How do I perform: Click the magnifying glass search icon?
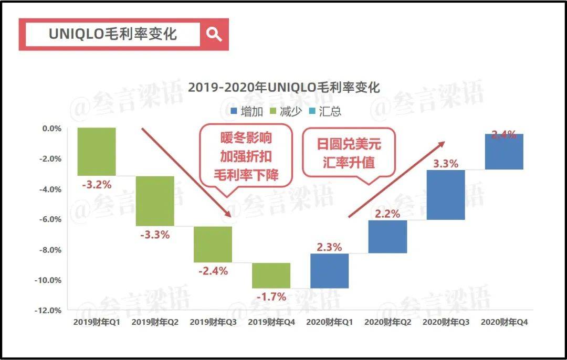pyautogui.click(x=214, y=35)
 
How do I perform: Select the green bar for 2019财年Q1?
pyautogui.click(x=97, y=152)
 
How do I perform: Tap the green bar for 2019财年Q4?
pyautogui.click(x=271, y=276)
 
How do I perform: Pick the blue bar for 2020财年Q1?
pyautogui.click(x=329, y=271)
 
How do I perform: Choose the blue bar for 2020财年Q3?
pyautogui.click(x=446, y=195)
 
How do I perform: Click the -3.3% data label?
pyautogui.click(x=155, y=235)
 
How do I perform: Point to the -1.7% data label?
pyautogui.click(x=271, y=297)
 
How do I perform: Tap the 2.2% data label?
pyautogui.click(x=387, y=214)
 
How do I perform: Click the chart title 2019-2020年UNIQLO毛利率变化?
pyautogui.click(x=283, y=87)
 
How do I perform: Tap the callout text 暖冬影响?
pyautogui.click(x=246, y=139)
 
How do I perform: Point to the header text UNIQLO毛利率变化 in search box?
pyautogui.click(x=113, y=35)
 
